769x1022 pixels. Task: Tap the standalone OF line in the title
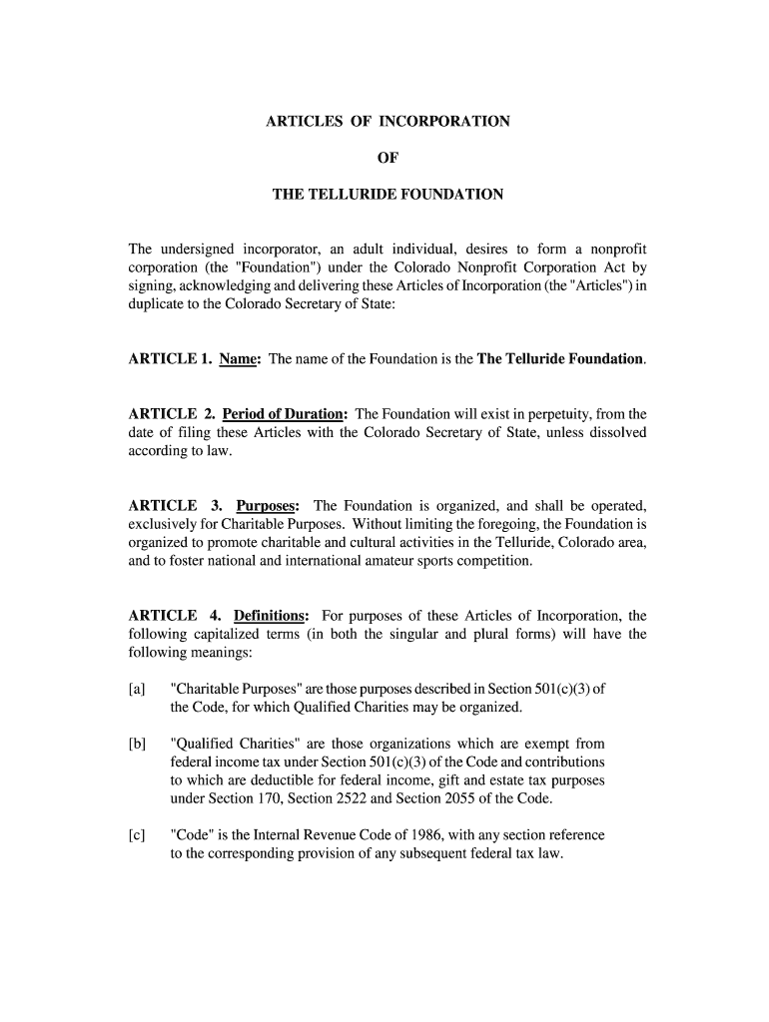pyautogui.click(x=387, y=158)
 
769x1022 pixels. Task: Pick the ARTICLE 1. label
pyautogui.click(x=169, y=359)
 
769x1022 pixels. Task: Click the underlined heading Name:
pyautogui.click(x=240, y=359)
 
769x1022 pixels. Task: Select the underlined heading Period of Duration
pyautogui.click(x=285, y=414)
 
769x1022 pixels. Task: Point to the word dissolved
pyautogui.click(x=609, y=432)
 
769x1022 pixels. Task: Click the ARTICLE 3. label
pyautogui.click(x=174, y=505)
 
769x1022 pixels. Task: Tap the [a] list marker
pyautogui.click(x=137, y=689)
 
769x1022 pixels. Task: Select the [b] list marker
pyautogui.click(x=137, y=744)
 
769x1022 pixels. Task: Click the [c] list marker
pyautogui.click(x=137, y=834)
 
